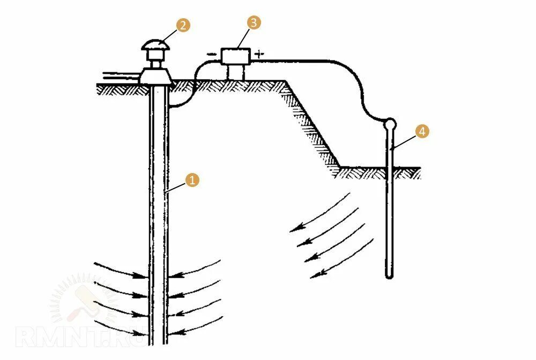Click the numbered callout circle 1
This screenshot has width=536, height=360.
click(x=191, y=180)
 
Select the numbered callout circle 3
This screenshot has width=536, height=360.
click(x=254, y=22)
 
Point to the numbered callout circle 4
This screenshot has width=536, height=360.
click(x=422, y=131)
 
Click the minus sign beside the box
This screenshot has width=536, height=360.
click(x=212, y=54)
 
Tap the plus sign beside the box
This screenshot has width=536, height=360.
click(x=259, y=54)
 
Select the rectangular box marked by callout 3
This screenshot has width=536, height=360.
click(x=236, y=56)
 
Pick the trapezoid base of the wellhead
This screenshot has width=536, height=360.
click(x=155, y=77)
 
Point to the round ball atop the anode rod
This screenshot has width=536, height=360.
click(x=391, y=125)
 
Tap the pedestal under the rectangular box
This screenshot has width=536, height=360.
click(x=236, y=72)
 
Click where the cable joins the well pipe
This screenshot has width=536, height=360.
click(x=169, y=106)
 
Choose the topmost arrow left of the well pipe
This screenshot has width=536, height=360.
click(x=121, y=270)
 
